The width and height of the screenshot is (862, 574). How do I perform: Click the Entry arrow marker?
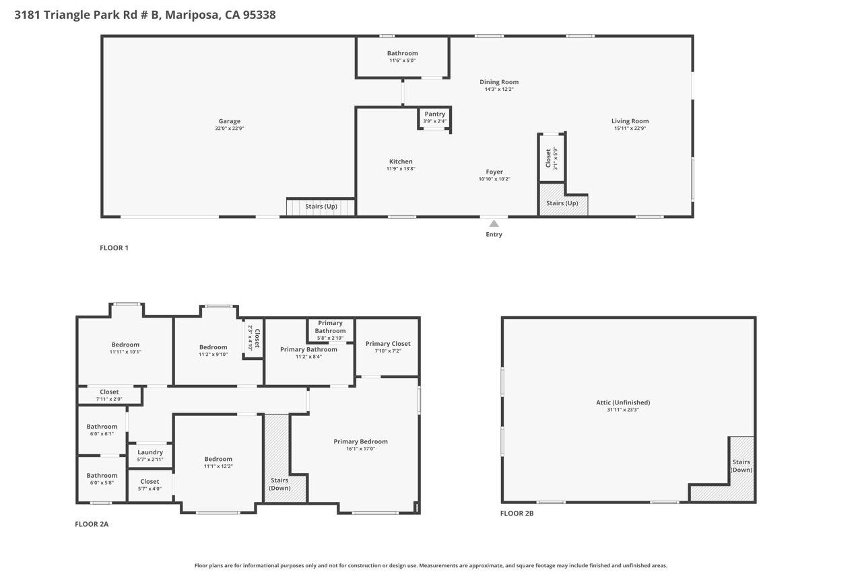(x=494, y=224)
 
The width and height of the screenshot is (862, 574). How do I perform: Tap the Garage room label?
(x=229, y=121)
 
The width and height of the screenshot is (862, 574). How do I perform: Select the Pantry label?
(x=434, y=114)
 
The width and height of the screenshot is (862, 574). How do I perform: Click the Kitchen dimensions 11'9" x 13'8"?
(x=401, y=169)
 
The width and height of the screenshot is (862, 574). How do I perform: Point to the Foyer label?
(x=494, y=172)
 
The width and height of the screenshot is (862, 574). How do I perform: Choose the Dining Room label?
(x=499, y=82)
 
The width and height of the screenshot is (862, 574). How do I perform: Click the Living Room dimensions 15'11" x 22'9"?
(x=630, y=129)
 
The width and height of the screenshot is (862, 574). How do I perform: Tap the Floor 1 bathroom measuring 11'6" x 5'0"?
(x=402, y=57)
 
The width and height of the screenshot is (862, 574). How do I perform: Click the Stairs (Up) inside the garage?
(x=321, y=206)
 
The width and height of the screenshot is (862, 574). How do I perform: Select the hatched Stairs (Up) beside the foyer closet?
(x=562, y=203)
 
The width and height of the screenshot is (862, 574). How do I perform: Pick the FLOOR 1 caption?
(x=114, y=248)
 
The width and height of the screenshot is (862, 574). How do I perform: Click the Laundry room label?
(x=150, y=452)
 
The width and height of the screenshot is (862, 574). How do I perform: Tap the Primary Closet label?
(x=388, y=344)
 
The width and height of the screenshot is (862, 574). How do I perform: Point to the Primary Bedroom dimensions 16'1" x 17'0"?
(x=360, y=449)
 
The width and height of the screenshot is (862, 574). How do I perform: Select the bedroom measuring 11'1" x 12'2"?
(x=218, y=462)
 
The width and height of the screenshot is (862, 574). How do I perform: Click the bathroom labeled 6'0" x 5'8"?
(x=102, y=478)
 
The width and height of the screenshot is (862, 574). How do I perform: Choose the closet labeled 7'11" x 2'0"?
(x=109, y=395)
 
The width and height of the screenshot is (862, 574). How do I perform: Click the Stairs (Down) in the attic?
(x=741, y=466)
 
